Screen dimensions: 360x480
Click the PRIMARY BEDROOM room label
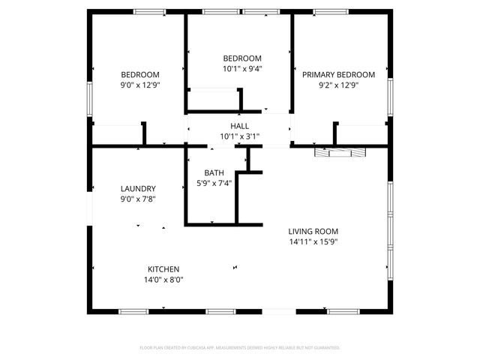pyautogui.click(x=338, y=74)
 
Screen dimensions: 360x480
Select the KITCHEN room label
pyautogui.click(x=163, y=268)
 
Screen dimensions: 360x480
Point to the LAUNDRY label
pyautogui.click(x=138, y=188)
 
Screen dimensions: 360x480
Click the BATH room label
pyautogui.click(x=214, y=172)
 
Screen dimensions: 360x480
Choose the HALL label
pyautogui.click(x=239, y=126)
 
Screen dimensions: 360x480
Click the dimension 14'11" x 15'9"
pyautogui.click(x=313, y=242)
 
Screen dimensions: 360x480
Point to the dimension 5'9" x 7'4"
pyautogui.click(x=214, y=182)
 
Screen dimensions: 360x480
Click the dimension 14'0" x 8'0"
pyautogui.click(x=163, y=279)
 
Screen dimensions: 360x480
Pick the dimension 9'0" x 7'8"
pyautogui.click(x=138, y=199)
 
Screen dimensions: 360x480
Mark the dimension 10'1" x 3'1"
pyautogui.click(x=239, y=136)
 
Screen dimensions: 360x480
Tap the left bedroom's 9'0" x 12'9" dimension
pyautogui.click(x=140, y=85)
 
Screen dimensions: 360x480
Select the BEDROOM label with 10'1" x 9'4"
pyautogui.click(x=242, y=58)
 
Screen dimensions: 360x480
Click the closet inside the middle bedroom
pyautogui.click(x=213, y=100)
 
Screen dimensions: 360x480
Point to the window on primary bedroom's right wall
pyautogui.click(x=390, y=97)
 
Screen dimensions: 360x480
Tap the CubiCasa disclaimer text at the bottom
pyautogui.click(x=240, y=348)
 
